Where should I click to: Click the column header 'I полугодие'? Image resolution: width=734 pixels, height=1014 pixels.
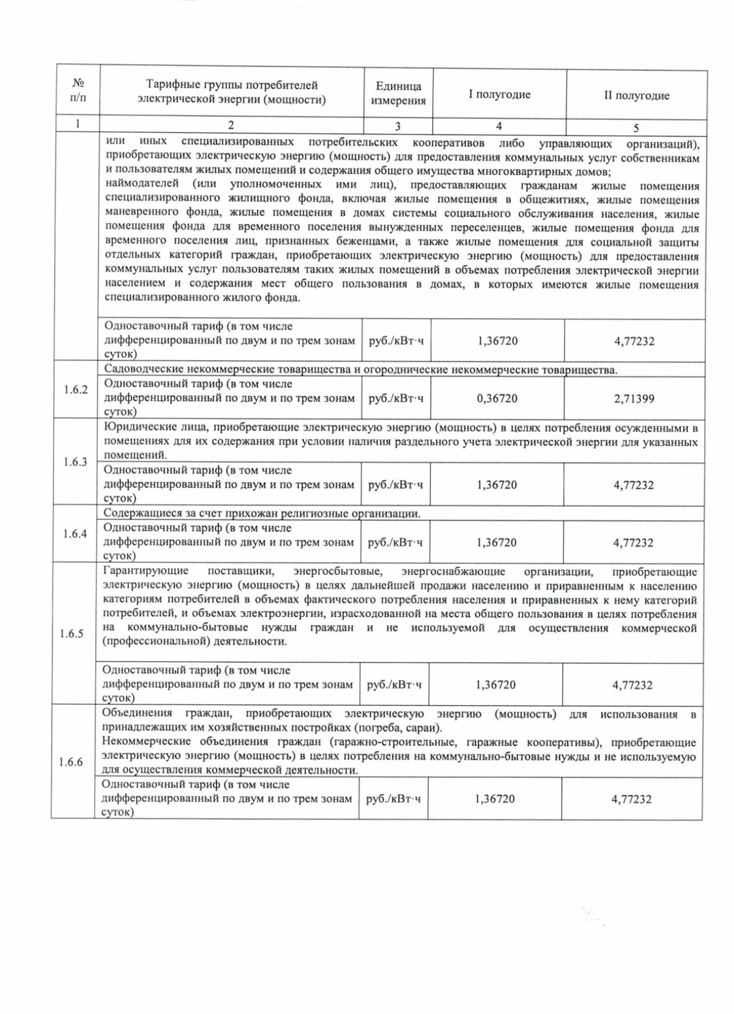(x=499, y=95)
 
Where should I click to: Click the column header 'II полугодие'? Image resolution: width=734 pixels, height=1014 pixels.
(x=636, y=95)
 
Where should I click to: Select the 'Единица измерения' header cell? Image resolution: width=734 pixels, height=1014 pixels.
(x=398, y=94)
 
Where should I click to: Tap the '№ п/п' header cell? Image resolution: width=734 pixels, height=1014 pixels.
(x=78, y=89)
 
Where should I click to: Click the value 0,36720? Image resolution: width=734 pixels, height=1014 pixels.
(x=497, y=399)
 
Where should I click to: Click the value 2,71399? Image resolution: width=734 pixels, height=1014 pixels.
(x=634, y=399)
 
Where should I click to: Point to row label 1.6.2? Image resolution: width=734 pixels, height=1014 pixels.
(x=76, y=390)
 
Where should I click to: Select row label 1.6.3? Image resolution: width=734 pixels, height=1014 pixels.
(x=75, y=462)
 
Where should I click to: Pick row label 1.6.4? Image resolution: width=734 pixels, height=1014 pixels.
(x=75, y=534)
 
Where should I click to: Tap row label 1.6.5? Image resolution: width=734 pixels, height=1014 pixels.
(x=72, y=634)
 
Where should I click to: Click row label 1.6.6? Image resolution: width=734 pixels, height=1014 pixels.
(x=71, y=762)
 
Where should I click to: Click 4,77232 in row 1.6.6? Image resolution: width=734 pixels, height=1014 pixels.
(x=631, y=799)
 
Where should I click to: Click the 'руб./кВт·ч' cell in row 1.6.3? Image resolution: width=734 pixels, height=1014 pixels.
(x=395, y=485)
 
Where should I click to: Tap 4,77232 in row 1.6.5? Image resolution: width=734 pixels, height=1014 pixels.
(x=632, y=685)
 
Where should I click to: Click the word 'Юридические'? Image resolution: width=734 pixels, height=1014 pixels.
(x=133, y=427)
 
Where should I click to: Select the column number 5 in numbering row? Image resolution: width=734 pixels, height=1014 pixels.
(x=636, y=128)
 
